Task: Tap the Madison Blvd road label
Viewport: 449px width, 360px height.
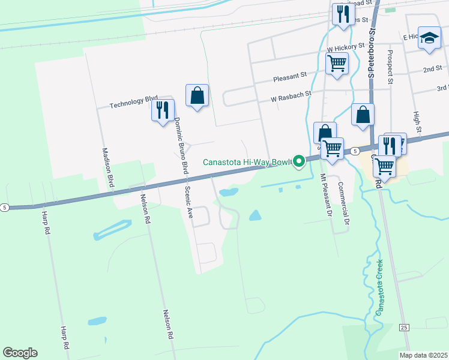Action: [x=108, y=168]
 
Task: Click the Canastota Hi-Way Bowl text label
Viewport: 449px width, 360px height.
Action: [x=247, y=162]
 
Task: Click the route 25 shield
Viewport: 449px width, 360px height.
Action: [x=403, y=327]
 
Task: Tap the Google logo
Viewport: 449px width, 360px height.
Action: [x=20, y=353]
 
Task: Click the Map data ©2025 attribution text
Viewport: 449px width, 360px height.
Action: [x=423, y=355]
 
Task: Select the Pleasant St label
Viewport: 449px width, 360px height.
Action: [x=290, y=77]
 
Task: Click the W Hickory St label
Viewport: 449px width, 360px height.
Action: [x=346, y=46]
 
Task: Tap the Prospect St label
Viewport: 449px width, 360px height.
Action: [x=390, y=66]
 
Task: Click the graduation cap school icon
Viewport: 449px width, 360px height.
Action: [x=429, y=38]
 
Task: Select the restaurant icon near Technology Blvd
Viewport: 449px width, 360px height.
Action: [x=163, y=110]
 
